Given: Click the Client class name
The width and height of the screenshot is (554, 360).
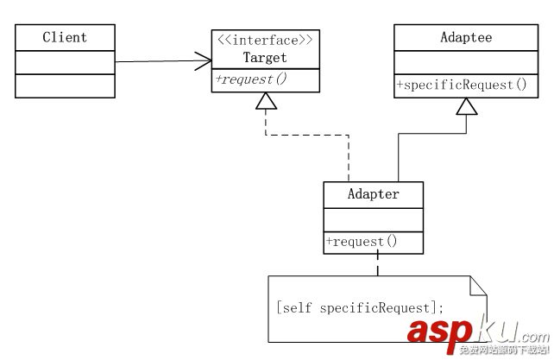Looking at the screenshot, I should coord(65,38).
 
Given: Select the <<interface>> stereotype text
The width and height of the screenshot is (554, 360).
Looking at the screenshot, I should coord(263,39).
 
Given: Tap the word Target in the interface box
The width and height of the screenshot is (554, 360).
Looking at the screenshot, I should coord(263,58).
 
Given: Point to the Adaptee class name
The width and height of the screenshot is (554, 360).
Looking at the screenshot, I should coord(467,38).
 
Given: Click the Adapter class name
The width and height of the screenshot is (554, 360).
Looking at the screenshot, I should coord(373,194).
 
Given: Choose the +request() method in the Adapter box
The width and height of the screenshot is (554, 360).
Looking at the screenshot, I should coord(362,242).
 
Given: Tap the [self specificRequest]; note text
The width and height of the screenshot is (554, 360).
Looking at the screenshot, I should coord(359,307).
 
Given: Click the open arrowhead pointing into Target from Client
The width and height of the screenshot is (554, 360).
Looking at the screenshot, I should coord(204,60).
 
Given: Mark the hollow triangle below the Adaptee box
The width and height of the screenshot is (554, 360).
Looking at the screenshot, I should coord(467,106).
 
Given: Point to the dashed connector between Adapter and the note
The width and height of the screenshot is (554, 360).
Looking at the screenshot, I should coord(377,264).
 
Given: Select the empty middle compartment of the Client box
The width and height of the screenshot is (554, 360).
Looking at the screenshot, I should coord(65,62).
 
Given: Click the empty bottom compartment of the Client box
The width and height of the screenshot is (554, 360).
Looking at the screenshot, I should coord(65,85).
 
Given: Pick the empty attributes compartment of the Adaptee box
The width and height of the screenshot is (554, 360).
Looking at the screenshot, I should coord(467,62).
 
